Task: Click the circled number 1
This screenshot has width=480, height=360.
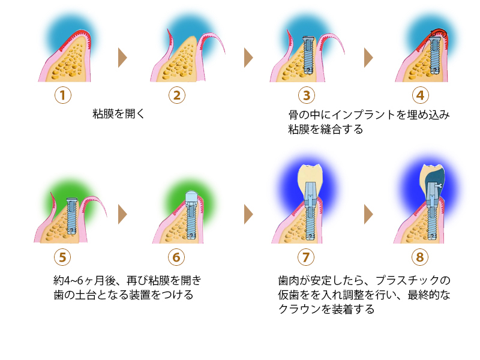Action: tap(62, 95)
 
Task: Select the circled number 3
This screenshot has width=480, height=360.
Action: tap(306, 95)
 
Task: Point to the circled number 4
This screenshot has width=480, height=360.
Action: tap(420, 95)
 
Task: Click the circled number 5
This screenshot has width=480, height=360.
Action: tap(62, 257)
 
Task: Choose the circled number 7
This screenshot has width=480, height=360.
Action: tap(306, 257)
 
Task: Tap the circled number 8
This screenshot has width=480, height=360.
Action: tap(420, 257)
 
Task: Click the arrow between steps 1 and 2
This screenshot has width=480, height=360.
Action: tap(123, 58)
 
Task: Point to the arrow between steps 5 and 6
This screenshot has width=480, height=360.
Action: tap(123, 214)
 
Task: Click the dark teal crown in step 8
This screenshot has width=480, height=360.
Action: tap(433, 178)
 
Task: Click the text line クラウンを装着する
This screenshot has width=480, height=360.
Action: tap(326, 310)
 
